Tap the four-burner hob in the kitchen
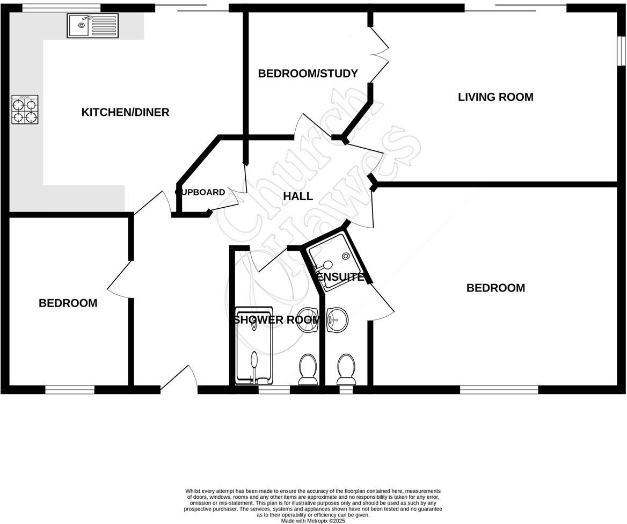(25, 110)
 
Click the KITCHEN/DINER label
(125, 112)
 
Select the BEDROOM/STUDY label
(308, 74)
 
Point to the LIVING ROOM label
(495, 97)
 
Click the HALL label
(298, 196)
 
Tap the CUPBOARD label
(200, 192)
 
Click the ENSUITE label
(341, 278)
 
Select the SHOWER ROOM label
(276, 320)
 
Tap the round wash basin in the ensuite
(337, 321)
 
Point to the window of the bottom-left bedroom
(70, 389)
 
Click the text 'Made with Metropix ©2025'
(313, 520)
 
